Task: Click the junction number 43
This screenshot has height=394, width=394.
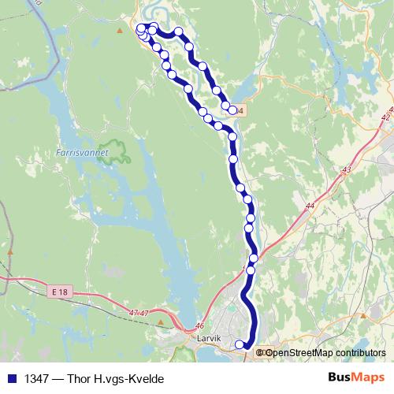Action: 348,169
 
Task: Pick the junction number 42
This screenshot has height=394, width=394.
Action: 385,117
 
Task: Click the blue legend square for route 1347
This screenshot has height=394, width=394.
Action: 12,379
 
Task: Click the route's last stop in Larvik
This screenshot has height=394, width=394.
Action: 240,344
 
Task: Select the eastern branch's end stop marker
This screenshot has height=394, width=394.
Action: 232,110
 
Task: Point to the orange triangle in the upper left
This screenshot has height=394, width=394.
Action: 120,31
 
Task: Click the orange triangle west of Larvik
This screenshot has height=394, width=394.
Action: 161,322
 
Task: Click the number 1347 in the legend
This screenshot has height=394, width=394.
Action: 36,379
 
